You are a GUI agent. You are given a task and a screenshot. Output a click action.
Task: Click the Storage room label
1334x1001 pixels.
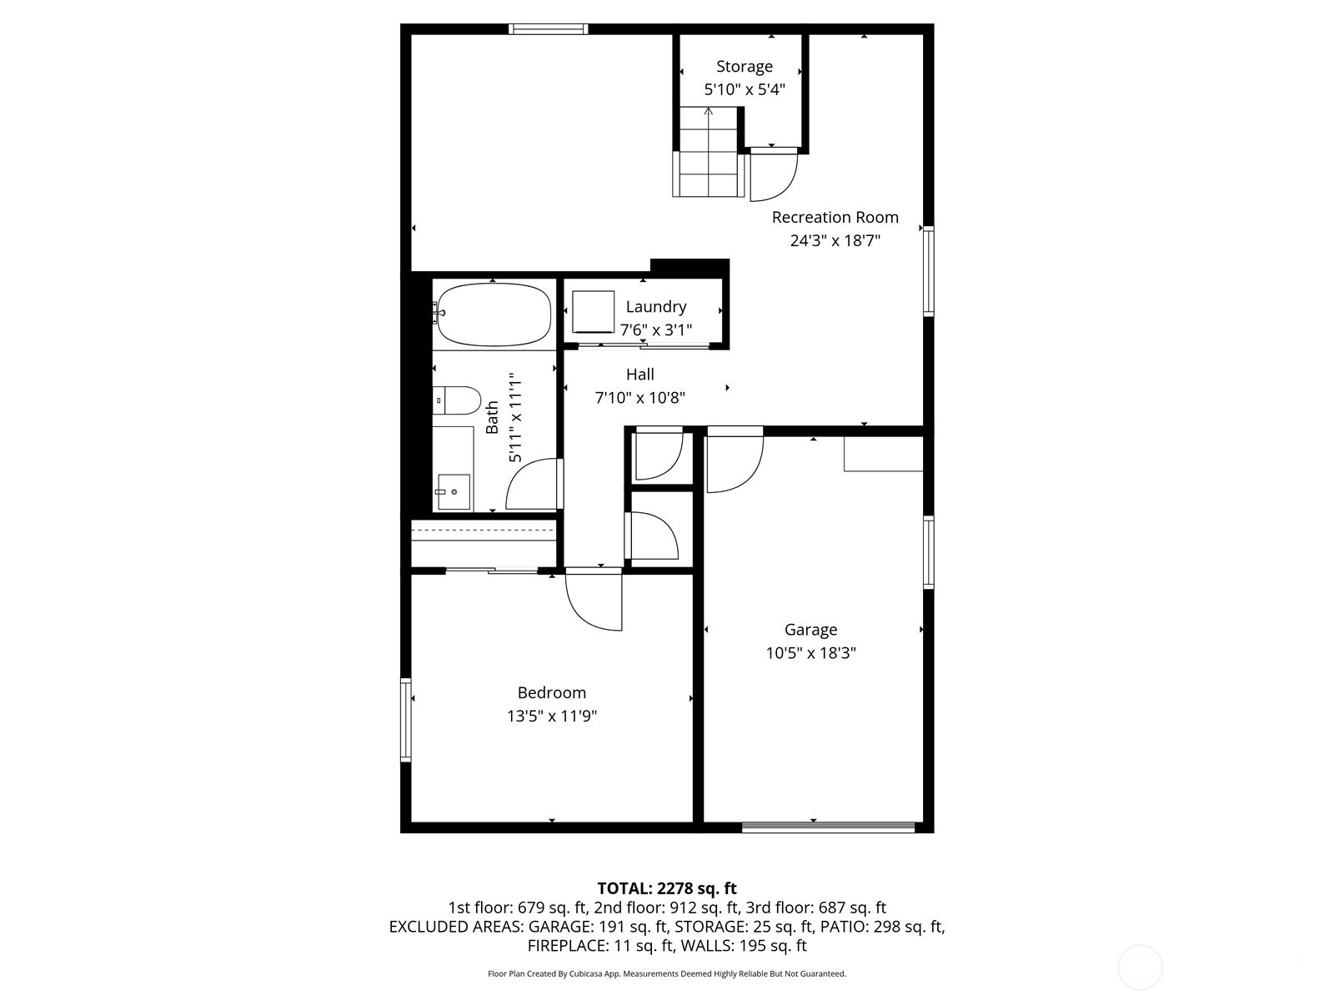[744, 67]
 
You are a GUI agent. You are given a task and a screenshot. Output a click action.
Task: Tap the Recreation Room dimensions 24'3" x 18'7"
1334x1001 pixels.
[835, 241]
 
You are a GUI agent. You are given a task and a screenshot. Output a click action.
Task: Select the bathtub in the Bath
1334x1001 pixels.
[493, 315]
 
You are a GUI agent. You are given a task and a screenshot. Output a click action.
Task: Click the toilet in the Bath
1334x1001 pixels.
[457, 400]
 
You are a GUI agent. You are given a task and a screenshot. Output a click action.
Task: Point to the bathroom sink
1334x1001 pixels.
[453, 492]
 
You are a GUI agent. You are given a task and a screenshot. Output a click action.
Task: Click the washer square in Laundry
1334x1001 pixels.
[593, 311]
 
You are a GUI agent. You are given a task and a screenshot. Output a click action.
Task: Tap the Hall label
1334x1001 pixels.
[639, 375]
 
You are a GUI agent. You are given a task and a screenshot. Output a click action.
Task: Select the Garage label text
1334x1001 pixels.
[810, 630]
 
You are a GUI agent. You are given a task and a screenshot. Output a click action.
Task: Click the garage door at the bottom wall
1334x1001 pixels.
[828, 827]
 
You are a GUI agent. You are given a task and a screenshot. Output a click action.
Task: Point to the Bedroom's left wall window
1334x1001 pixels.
[406, 720]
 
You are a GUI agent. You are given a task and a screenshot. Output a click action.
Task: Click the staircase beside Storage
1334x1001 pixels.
[708, 154]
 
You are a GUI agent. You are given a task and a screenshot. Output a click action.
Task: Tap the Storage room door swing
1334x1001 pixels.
[774, 175]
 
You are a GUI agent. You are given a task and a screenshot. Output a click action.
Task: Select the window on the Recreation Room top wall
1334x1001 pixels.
[548, 29]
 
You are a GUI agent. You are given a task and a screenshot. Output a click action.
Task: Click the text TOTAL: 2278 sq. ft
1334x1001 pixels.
[666, 888]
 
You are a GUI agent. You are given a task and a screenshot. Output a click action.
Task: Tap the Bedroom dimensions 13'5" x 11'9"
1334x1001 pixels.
[552, 716]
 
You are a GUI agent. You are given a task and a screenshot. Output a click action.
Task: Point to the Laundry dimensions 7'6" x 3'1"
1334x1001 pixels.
[655, 330]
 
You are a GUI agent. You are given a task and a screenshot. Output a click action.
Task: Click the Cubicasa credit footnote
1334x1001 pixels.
[666, 973]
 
